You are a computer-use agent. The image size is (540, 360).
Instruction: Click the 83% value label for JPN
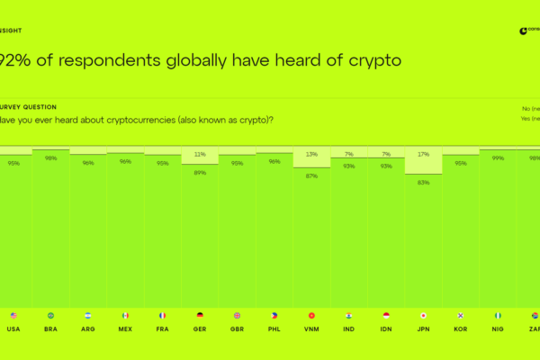pos(422,182)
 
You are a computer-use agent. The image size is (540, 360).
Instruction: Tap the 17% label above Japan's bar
pos(422,154)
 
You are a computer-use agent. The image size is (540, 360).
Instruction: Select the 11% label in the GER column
pos(200,154)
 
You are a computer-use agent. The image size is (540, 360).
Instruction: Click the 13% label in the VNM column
pos(311,154)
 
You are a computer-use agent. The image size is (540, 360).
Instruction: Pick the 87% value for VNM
pos(311,175)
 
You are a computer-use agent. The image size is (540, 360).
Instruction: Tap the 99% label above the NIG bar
pos(497,158)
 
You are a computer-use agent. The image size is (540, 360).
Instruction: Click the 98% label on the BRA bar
pos(51,158)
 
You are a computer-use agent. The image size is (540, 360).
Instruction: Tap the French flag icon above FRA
pos(162,316)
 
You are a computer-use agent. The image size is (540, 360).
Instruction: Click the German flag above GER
pos(200,316)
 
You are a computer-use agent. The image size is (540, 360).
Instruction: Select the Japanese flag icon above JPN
pos(422,316)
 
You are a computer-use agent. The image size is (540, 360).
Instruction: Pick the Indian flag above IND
pos(348,316)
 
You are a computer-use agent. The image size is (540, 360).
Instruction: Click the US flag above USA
pos(13,316)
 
